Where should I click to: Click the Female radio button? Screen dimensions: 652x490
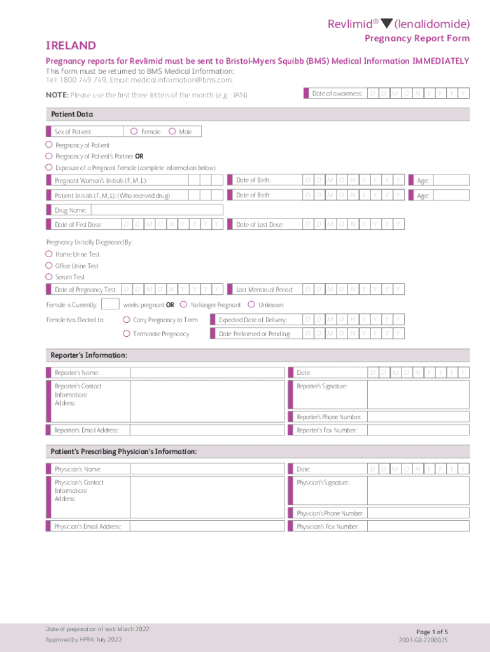(x=134, y=132)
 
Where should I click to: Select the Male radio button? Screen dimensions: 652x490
(x=172, y=132)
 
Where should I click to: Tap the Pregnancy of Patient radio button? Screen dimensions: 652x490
(x=49, y=145)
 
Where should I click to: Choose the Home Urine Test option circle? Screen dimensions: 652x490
(x=49, y=254)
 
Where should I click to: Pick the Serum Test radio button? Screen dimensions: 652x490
(x=49, y=277)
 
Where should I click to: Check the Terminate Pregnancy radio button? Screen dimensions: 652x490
(x=127, y=334)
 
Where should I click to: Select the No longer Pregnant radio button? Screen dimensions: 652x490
(x=184, y=305)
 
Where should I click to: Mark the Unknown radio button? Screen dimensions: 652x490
(x=251, y=305)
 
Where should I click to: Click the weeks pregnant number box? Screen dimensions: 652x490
(x=110, y=304)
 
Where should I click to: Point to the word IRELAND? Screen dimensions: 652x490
(x=71, y=46)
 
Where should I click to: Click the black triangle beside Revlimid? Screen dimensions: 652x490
(x=386, y=24)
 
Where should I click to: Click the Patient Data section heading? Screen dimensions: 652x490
(x=72, y=115)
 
